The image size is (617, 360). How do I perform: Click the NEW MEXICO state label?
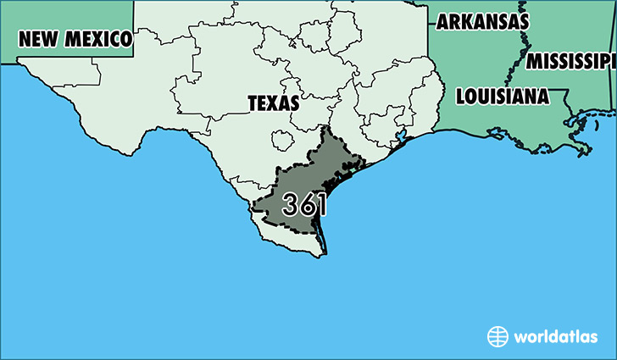pos(75,38)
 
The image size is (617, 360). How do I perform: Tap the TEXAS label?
pos(273,103)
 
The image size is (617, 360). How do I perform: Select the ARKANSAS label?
pos(482,21)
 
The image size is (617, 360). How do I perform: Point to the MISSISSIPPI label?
pos(570,61)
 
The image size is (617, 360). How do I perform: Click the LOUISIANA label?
pos(501,96)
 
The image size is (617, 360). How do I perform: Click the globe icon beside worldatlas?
pos(497,336)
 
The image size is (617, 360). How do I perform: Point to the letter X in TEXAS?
pos(273,103)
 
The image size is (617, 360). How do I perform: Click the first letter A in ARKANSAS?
pos(443,21)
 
